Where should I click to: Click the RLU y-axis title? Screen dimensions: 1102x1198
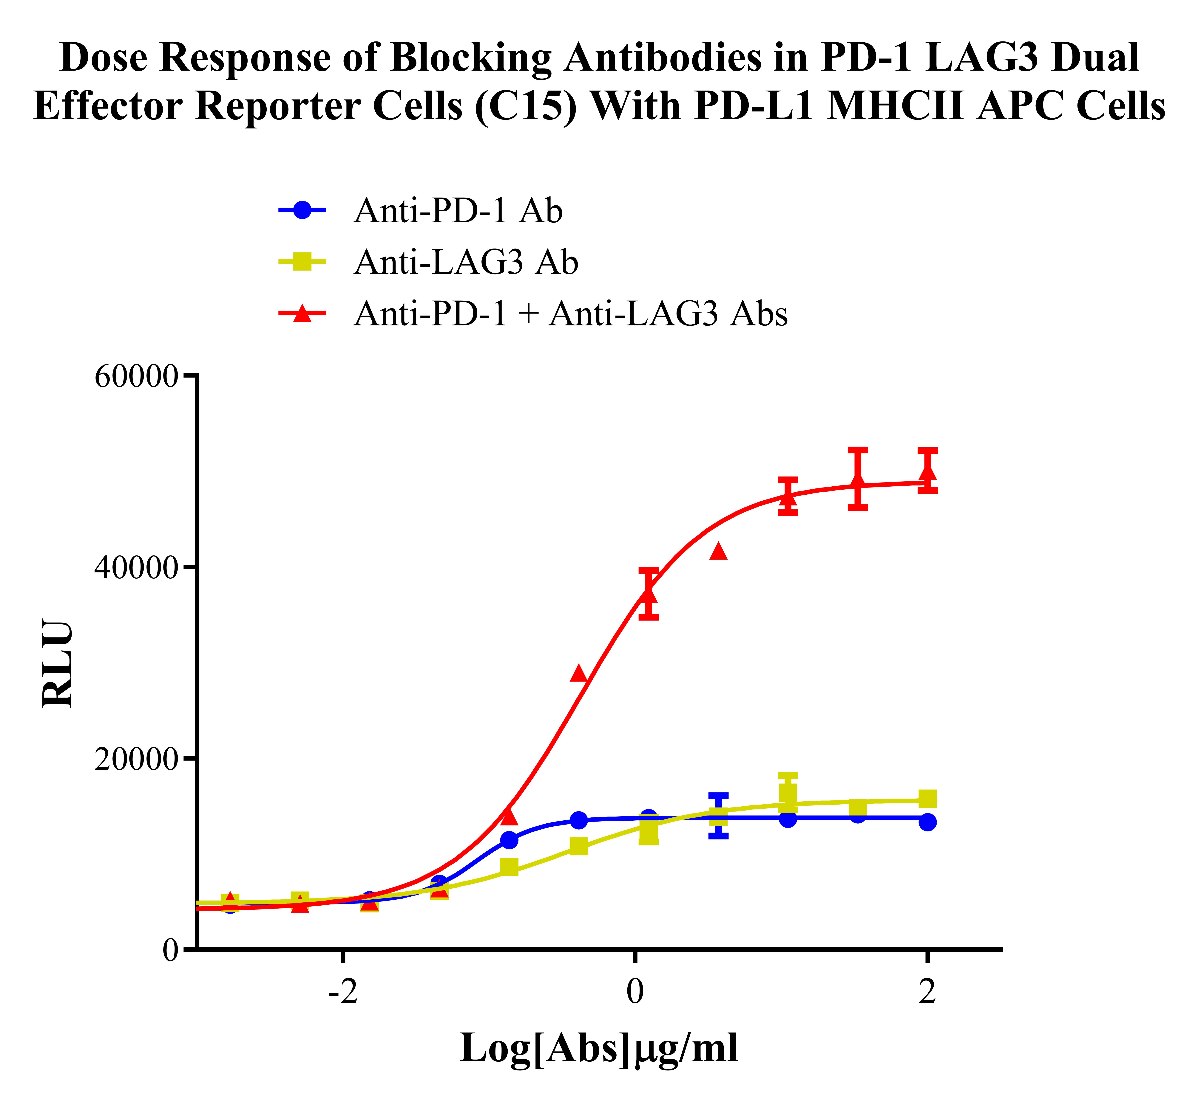(58, 664)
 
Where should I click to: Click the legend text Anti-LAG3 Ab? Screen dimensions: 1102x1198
(465, 262)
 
